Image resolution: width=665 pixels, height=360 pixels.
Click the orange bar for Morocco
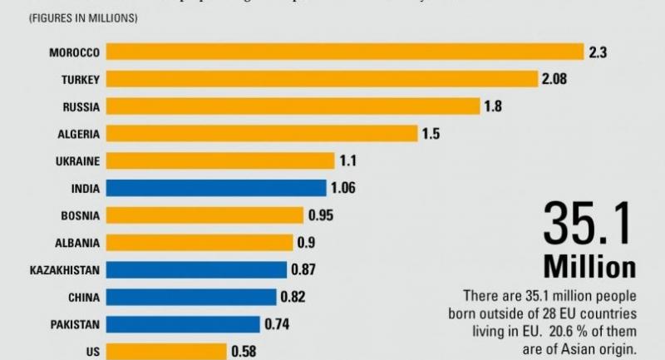click(345, 52)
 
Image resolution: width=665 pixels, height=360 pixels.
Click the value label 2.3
click(598, 52)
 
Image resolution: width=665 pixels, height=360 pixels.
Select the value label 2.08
click(557, 80)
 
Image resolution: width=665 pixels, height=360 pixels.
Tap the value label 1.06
click(342, 188)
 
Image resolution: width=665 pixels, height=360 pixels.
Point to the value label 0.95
click(321, 215)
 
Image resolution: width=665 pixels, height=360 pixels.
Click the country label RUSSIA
click(81, 106)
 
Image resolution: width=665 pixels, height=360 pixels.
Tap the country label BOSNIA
click(81, 215)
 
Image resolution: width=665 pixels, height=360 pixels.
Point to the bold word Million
click(589, 267)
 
